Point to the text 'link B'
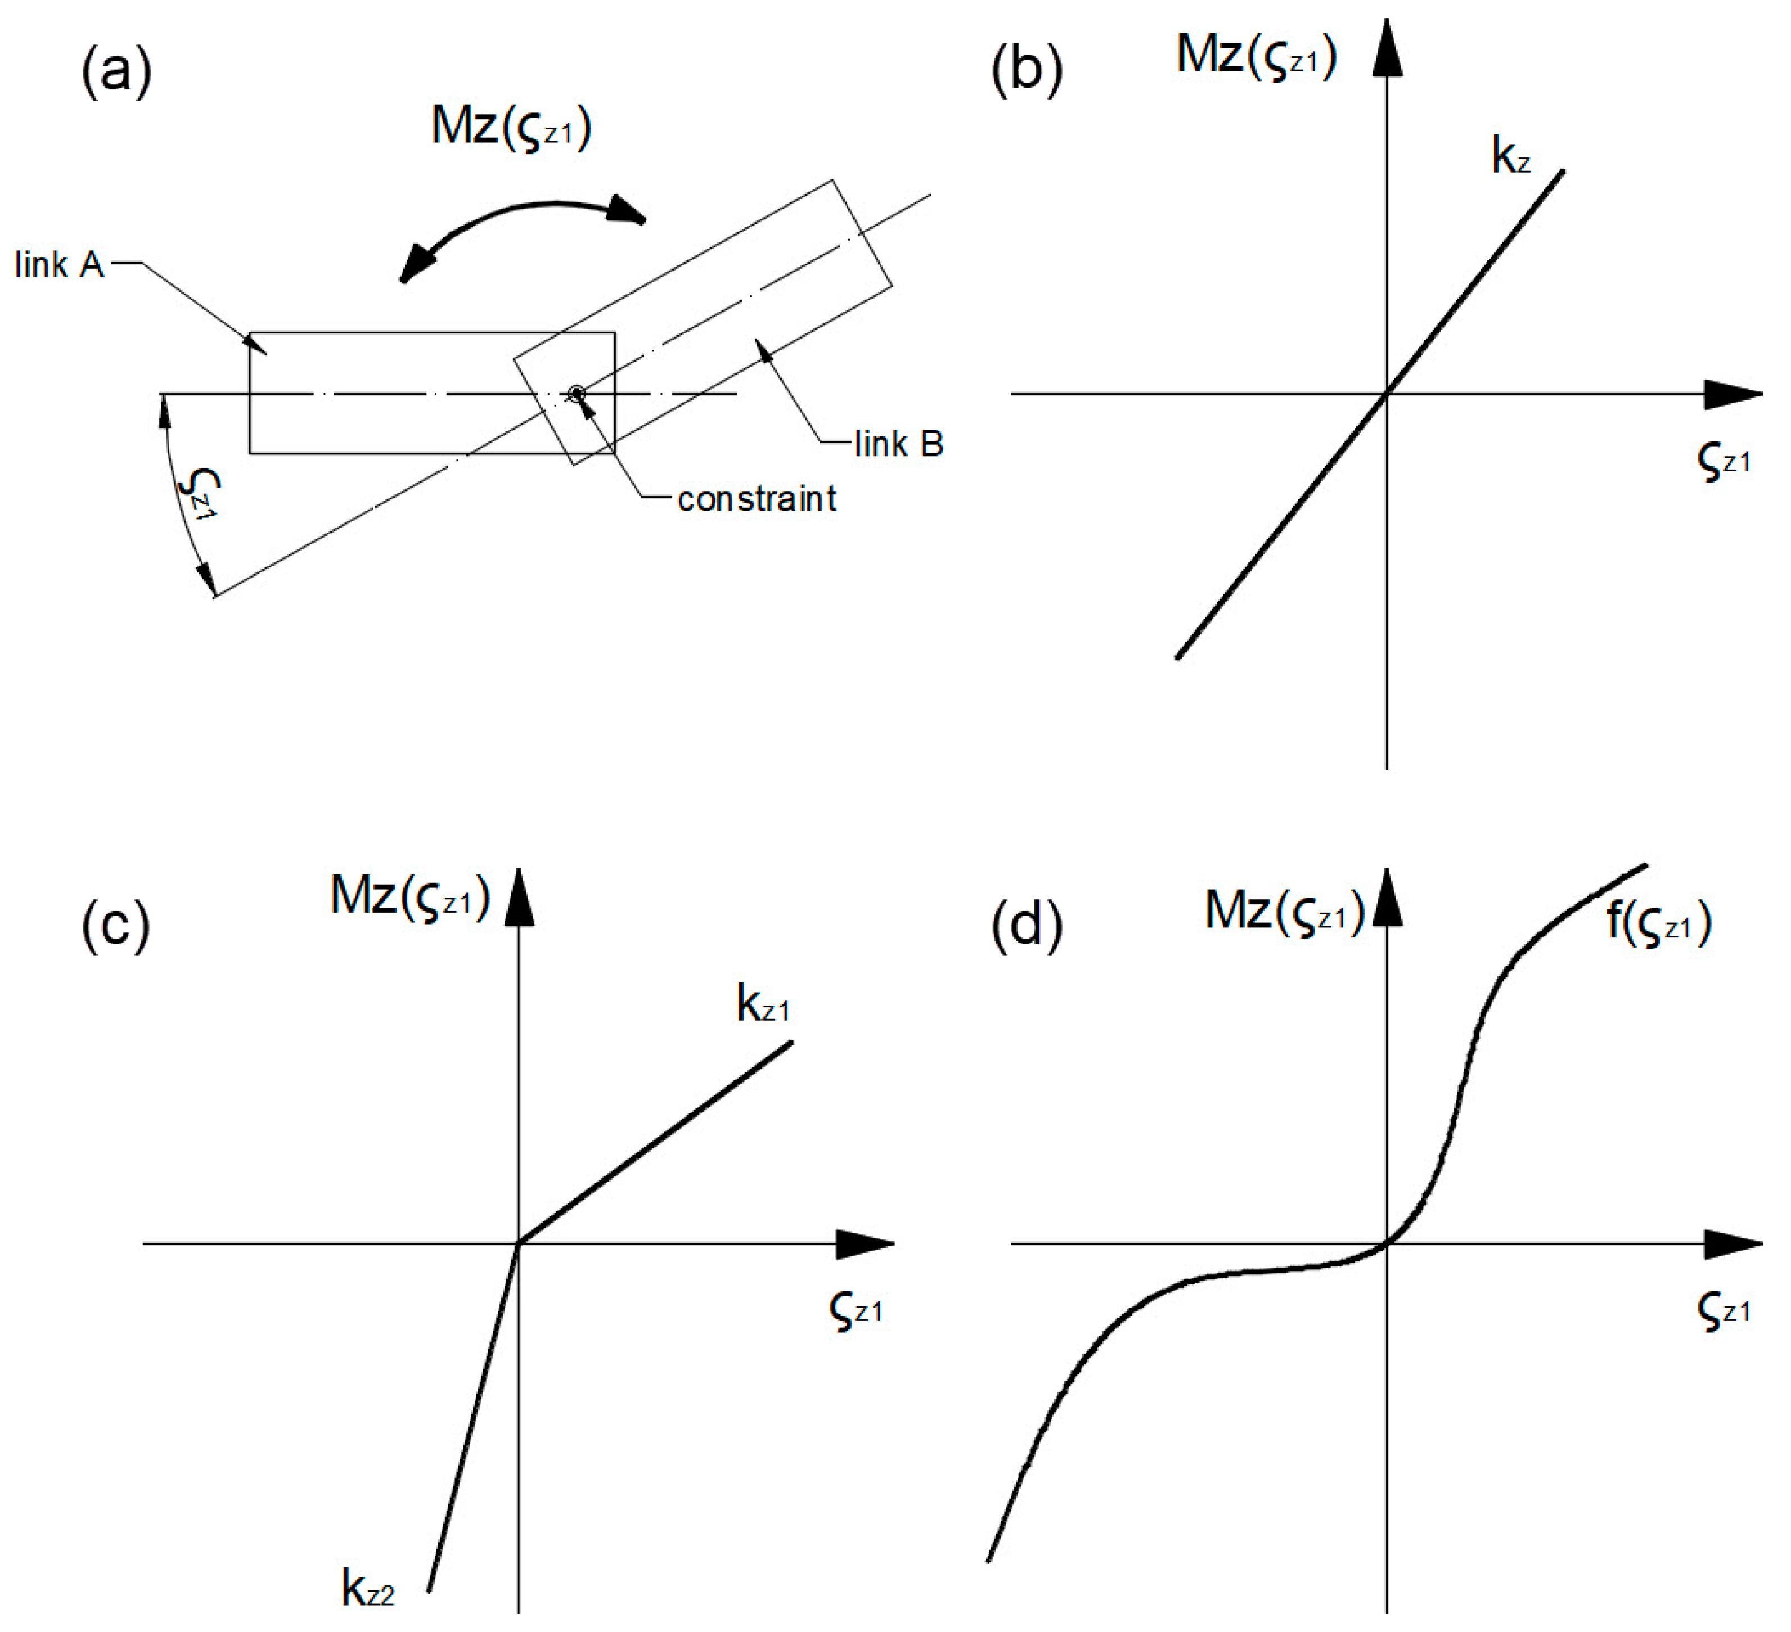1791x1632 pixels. [x=898, y=443]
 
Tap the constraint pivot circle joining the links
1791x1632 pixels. [x=577, y=393]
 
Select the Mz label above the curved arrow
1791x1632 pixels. [x=511, y=127]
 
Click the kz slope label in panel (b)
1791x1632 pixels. [x=1510, y=156]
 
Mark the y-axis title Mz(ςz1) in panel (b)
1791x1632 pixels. [x=1256, y=55]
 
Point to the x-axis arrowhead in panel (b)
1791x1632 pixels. [x=1732, y=394]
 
